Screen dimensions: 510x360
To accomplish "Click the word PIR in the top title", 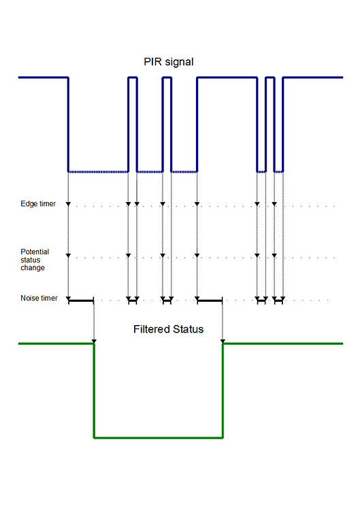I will point(152,62).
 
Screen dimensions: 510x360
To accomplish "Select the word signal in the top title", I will point(179,62).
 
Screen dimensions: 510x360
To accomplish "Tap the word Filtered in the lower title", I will point(152,329).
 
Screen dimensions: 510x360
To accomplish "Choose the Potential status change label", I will point(34,259).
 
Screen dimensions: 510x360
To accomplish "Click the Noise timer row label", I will point(39,297).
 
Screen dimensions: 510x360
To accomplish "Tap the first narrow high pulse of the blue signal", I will point(133,78).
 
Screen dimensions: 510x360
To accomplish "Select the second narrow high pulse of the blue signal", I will point(167,78).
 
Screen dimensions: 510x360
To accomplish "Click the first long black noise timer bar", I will point(81,300).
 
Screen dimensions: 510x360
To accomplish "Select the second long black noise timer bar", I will point(210,300).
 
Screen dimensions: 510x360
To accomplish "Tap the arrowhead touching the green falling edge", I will point(94,339).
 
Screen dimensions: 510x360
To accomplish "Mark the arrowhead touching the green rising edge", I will point(223,339).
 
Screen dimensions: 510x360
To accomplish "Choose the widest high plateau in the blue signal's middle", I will point(227,78).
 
